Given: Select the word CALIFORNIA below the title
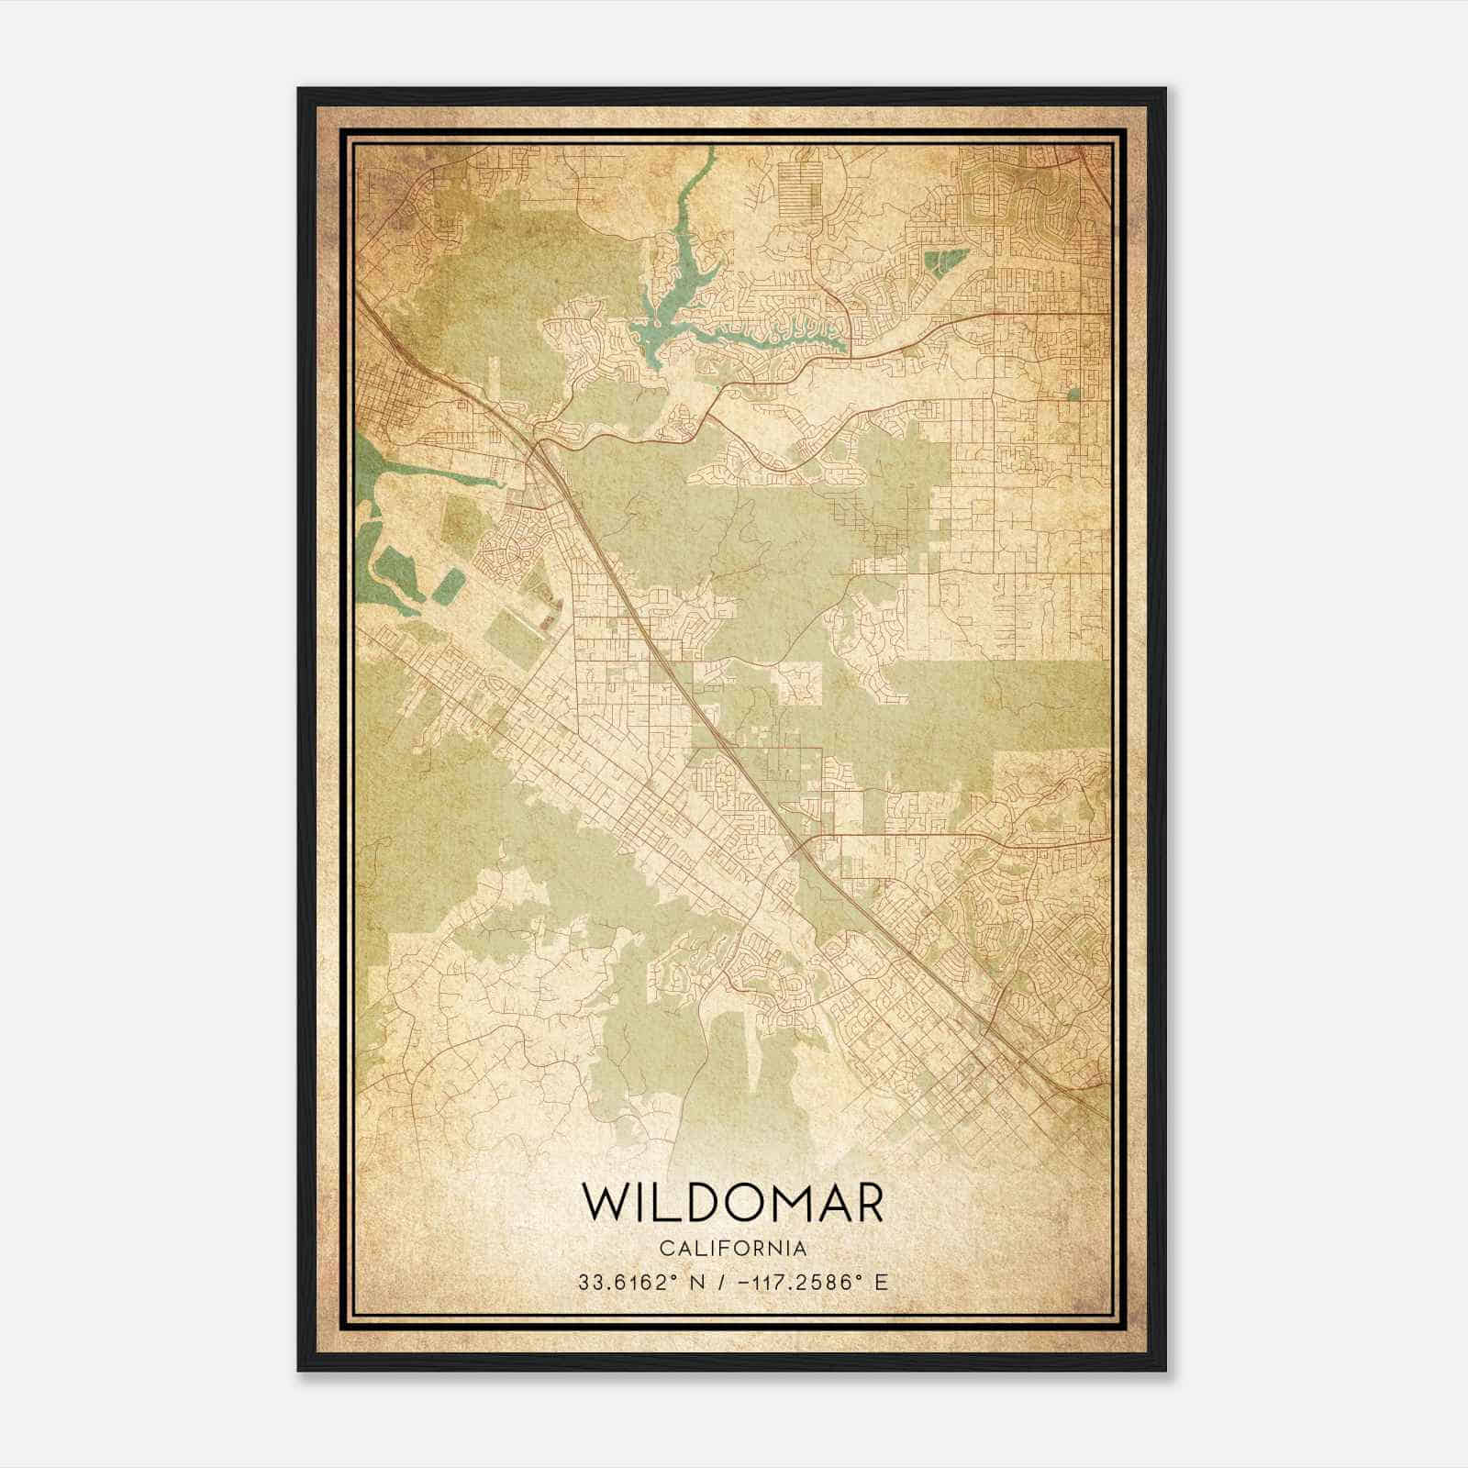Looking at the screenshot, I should [x=733, y=1249].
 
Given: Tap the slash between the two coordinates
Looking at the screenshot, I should [x=726, y=1283].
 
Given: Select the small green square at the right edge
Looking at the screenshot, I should [x=1073, y=395].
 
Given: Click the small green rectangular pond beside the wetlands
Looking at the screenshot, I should [x=449, y=585].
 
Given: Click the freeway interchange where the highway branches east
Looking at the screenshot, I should [x=541, y=447].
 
